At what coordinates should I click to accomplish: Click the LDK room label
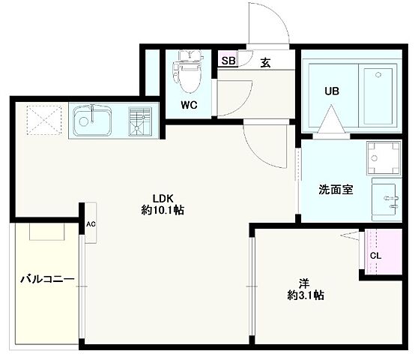(163, 199)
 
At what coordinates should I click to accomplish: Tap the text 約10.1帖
(163, 211)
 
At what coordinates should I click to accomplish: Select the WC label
(189, 105)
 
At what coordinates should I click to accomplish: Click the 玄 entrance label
(266, 62)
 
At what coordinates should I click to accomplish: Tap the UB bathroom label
(332, 92)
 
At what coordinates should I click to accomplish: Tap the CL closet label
(376, 255)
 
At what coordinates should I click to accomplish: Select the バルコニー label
(46, 279)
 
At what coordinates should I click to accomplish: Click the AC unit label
(91, 224)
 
